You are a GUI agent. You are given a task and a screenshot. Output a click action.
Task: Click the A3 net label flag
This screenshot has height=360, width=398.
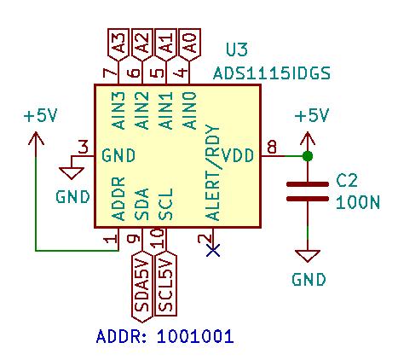coord(118,44)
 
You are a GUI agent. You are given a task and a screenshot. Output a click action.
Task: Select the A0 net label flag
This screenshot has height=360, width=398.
coord(190,44)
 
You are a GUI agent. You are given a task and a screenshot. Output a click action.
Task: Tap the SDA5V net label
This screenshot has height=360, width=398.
coord(142,287)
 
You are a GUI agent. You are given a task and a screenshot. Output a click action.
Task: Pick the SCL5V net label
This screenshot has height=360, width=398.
coord(165,284)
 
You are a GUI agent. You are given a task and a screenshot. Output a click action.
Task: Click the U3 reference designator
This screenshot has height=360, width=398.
coord(237,49)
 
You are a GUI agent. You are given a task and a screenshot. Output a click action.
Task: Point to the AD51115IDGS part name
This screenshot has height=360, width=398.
coord(272,73)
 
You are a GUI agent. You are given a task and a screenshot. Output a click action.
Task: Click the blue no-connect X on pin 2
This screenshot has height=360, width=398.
coord(213,251)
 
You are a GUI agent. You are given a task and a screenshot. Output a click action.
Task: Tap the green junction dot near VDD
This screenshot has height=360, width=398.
coord(308,156)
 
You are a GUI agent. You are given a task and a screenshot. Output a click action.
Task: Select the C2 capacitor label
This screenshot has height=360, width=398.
coord(347,181)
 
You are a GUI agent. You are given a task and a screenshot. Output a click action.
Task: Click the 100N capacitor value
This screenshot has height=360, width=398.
coord(358,203)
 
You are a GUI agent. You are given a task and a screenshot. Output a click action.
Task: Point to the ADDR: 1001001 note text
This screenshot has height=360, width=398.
coord(165,336)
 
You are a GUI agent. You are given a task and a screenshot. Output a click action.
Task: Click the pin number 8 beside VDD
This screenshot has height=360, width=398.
coord(272,148)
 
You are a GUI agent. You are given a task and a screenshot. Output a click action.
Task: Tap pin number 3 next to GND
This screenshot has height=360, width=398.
coord(84,148)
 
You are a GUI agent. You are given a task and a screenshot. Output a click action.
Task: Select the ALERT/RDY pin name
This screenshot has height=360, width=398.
coord(213,172)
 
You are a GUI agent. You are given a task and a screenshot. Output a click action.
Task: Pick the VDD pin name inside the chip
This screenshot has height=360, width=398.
coord(238,155)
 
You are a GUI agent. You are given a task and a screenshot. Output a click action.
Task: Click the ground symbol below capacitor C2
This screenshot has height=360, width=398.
coord(308,256)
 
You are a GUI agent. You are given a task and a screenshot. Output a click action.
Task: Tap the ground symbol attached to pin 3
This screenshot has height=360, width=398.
coord(72,173)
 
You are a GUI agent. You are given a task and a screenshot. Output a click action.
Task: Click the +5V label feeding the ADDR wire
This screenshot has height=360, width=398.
coord(41,116)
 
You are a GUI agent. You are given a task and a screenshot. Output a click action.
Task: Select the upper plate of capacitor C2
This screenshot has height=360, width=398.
coord(308,184)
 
